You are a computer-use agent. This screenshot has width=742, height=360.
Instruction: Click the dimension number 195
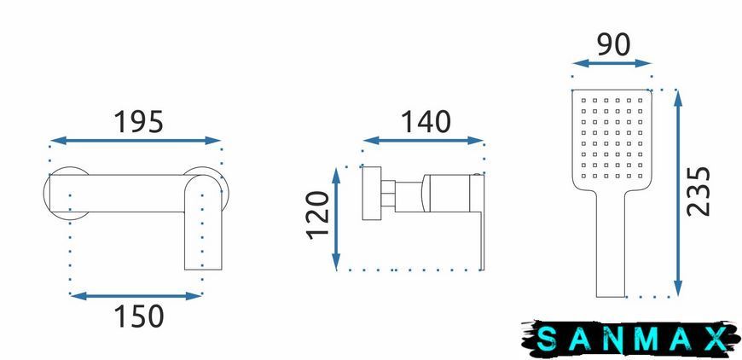click(139, 122)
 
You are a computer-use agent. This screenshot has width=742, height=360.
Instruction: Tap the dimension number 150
click(139, 316)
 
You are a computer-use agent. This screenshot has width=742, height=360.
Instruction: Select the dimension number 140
click(426, 122)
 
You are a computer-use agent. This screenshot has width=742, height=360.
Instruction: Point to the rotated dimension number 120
click(318, 215)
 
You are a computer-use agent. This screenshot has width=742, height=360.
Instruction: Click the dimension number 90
click(613, 45)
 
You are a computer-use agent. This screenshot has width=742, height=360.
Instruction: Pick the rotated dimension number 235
click(699, 191)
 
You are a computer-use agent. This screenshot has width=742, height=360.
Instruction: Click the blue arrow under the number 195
click(136, 141)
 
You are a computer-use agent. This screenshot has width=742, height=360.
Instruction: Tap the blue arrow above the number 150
click(136, 296)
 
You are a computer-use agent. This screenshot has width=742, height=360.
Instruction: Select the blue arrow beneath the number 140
click(423, 141)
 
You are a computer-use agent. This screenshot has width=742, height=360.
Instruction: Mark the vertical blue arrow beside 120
click(336, 219)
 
